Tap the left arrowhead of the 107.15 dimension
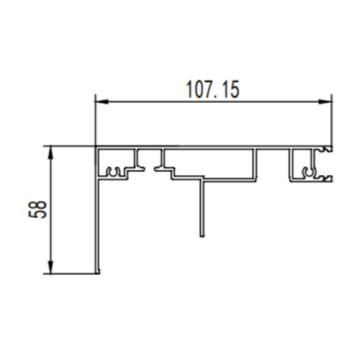(x=101, y=100)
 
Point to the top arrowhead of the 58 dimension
(x=48, y=151)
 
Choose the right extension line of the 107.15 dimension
(x=331, y=120)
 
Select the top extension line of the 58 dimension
(x=70, y=146)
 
